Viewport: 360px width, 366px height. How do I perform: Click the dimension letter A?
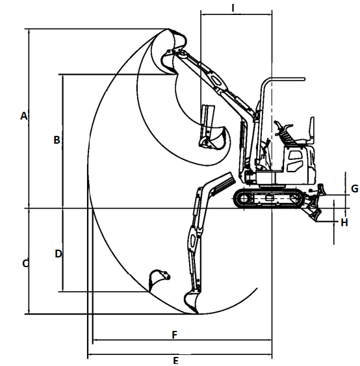pyautogui.click(x=24, y=116)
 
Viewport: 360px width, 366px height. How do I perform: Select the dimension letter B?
pyautogui.click(x=57, y=140)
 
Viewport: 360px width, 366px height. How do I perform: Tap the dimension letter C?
pyautogui.click(x=25, y=263)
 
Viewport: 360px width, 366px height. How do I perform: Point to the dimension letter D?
pyautogui.click(x=58, y=254)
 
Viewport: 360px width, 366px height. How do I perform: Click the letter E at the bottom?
pyautogui.click(x=176, y=361)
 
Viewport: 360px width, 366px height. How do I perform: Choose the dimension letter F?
pyautogui.click(x=175, y=335)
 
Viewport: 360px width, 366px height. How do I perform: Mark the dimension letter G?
pyautogui.click(x=355, y=189)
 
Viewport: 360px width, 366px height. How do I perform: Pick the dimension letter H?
pyautogui.click(x=344, y=223)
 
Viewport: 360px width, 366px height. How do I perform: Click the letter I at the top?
pyautogui.click(x=233, y=8)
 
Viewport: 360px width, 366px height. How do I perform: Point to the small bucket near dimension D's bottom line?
pyautogui.click(x=159, y=280)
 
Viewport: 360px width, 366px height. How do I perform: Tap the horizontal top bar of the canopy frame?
pyautogui.click(x=287, y=79)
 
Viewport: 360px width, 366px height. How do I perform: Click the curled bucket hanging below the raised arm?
pyautogui.click(x=214, y=139)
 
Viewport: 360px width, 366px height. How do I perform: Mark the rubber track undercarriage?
pyautogui.click(x=269, y=199)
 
